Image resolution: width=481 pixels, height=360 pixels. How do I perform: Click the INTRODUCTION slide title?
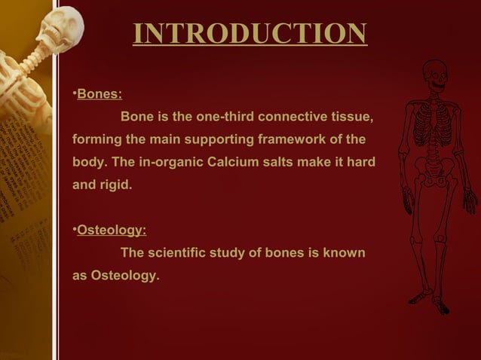coord(250,33)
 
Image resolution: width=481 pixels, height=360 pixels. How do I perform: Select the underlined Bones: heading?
coord(100,95)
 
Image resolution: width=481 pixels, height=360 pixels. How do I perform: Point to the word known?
coord(345,253)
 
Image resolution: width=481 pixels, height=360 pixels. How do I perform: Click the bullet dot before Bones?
coord(75,95)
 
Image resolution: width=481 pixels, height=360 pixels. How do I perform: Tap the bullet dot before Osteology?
coord(75,230)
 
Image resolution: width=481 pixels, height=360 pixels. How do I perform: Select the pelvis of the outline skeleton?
coord(434,175)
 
